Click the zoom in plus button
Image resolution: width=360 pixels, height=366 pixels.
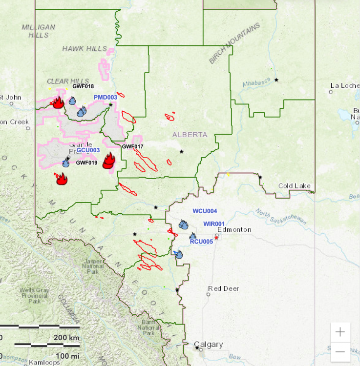pos(340,332)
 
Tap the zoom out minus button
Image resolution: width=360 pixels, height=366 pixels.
pos(340,351)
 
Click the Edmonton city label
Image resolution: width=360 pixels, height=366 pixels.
pos(234,229)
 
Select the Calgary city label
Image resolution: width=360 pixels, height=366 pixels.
pos(209,344)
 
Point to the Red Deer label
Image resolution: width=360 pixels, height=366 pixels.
pos(224,288)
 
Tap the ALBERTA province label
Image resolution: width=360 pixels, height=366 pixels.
pos(190,135)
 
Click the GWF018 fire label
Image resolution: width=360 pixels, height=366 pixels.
pos(83,86)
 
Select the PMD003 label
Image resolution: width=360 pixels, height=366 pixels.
pos(106,98)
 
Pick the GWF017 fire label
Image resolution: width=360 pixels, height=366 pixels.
pos(132,146)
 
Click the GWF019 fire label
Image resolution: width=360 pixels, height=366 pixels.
pos(86,163)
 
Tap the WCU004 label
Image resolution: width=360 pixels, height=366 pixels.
pos(205,211)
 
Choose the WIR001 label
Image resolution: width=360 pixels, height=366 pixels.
pos(214,224)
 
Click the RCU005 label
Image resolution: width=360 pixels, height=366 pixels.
pos(201,242)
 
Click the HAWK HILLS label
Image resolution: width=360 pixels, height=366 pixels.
pos(78,48)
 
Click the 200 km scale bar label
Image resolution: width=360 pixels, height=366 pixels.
pos(66,338)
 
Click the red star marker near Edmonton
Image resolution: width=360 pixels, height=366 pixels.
pos(216,238)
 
